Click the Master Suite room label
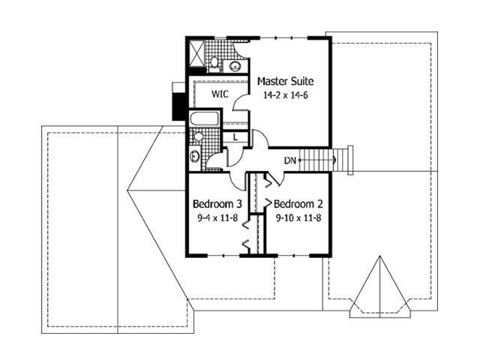285,81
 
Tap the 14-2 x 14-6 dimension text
285,95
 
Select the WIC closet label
219,94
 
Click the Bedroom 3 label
217,204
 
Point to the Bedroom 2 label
298,204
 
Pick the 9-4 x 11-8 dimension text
217,218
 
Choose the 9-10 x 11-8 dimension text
298,218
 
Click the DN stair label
289,160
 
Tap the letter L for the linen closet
235,136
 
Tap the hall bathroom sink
194,157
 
